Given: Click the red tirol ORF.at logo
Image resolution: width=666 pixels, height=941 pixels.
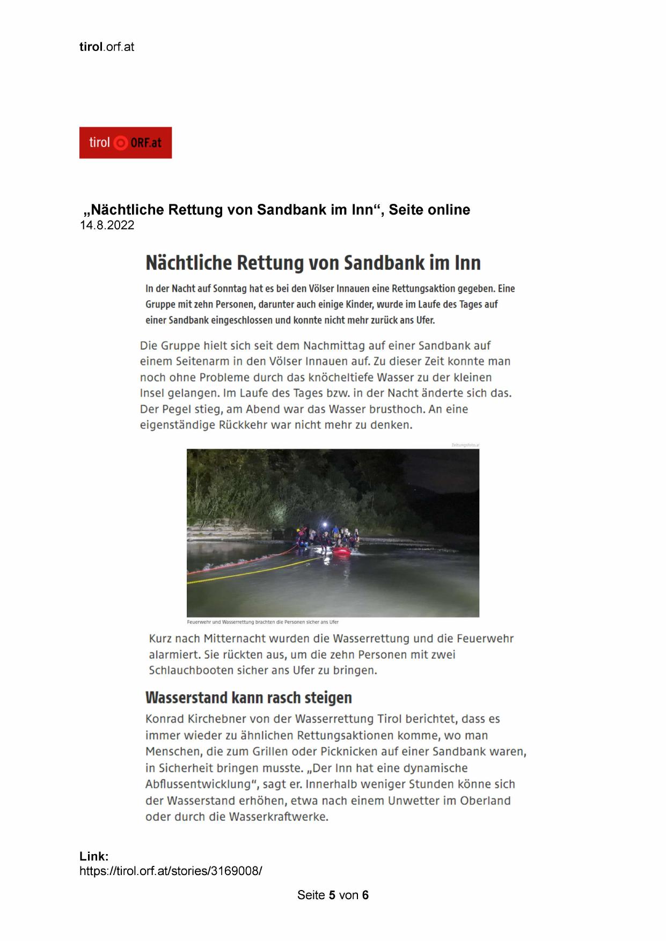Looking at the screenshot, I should coord(125,143).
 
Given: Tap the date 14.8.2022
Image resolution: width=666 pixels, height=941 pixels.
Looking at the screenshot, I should coord(107,226).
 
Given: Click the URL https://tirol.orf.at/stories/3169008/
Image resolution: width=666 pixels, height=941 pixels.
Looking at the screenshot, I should coord(171,871).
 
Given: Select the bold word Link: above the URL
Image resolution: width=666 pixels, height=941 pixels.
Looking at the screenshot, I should coord(94,856).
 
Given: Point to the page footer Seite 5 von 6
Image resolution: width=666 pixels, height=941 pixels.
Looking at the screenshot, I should coord(333,895).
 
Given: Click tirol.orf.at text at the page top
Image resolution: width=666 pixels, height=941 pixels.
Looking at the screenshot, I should coord(107,47).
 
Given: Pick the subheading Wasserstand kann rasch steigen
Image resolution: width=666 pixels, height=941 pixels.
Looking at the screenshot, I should coord(248,698).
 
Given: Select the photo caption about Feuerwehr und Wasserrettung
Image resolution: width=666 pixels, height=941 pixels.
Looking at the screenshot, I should coord(262,622).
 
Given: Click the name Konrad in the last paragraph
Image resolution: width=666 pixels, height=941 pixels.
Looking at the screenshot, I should coord(165,719).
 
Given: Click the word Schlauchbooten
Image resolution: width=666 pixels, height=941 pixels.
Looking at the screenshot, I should coord(188,671).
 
